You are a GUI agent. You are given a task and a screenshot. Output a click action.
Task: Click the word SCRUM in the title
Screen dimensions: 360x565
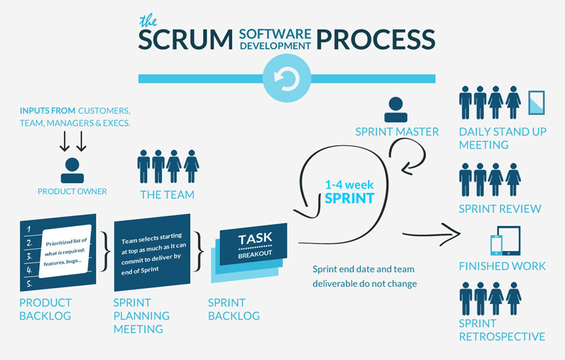pyautogui.click(x=180, y=38)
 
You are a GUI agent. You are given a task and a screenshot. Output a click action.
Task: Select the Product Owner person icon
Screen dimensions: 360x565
pyautogui.click(x=72, y=171)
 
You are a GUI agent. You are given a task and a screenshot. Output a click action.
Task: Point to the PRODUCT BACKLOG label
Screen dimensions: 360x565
pyautogui.click(x=45, y=310)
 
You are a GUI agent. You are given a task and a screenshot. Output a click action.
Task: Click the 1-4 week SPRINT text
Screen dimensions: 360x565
pyautogui.click(x=348, y=192)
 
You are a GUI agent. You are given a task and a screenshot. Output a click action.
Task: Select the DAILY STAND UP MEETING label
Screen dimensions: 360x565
pyautogui.click(x=502, y=138)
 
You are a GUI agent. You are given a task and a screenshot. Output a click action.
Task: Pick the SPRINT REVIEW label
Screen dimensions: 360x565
pyautogui.click(x=500, y=209)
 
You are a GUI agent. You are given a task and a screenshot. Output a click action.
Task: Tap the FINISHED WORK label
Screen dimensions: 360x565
pyautogui.click(x=502, y=266)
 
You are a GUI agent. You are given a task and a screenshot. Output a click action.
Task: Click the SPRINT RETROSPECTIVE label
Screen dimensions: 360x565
pyautogui.click(x=502, y=330)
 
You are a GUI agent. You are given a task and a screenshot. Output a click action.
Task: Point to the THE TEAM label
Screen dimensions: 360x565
pyautogui.click(x=167, y=195)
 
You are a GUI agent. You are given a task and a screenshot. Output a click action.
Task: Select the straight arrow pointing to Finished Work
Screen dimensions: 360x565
pyautogui.click(x=430, y=234)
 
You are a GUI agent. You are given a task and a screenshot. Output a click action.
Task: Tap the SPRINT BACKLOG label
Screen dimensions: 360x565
pyautogui.click(x=233, y=310)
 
